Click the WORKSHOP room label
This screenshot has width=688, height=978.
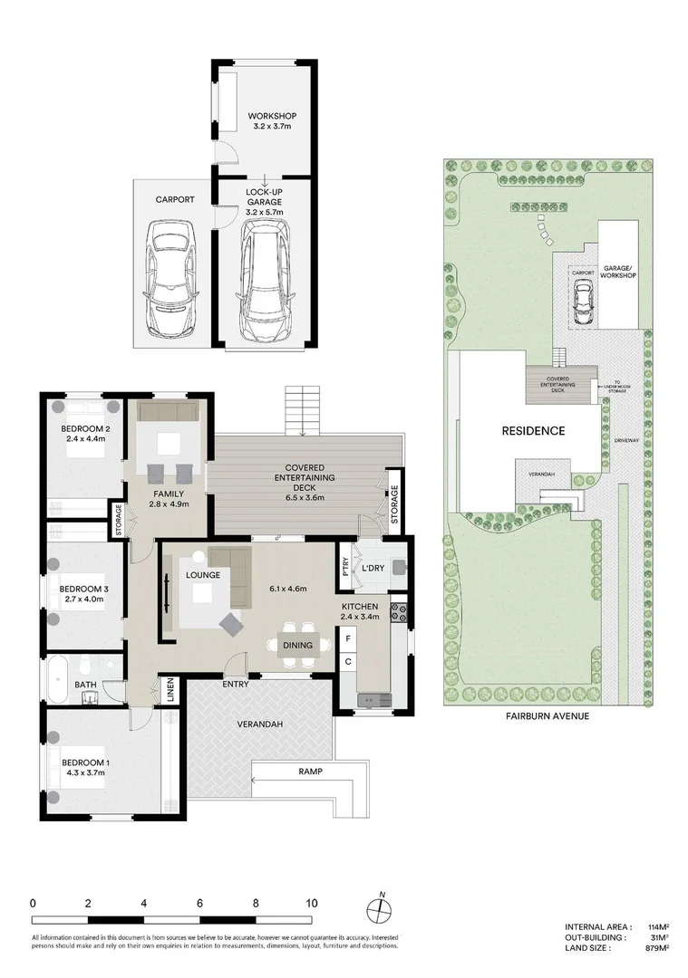[274, 116]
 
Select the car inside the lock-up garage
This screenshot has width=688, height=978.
[265, 285]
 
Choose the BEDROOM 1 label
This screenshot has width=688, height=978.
[85, 763]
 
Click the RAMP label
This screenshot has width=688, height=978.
[310, 772]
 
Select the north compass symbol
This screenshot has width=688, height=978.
[382, 908]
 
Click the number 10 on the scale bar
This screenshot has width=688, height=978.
[311, 903]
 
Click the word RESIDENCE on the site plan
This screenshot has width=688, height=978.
[533, 431]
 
